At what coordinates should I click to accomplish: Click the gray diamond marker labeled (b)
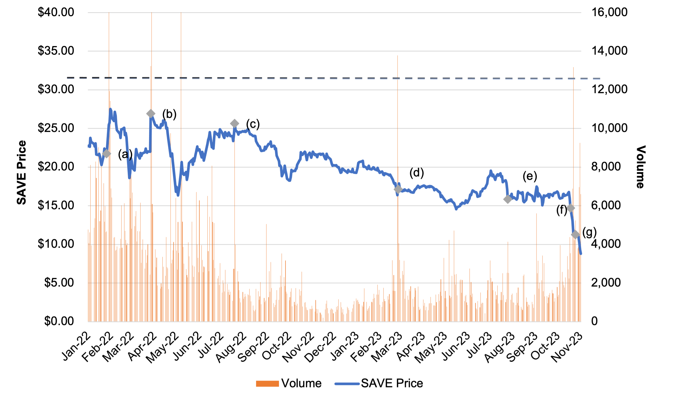tap(151, 113)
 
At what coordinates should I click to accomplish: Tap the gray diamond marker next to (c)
tap(234, 124)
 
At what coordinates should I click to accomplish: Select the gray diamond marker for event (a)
tap(106, 154)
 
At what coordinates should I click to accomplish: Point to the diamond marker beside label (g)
tap(575, 235)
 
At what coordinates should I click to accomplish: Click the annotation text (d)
tap(417, 173)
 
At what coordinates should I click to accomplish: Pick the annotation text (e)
tap(530, 176)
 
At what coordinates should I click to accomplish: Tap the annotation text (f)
tap(562, 210)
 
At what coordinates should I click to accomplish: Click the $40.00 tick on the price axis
tap(56, 12)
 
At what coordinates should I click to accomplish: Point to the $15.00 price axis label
tap(56, 205)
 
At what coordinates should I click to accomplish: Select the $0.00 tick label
tap(59, 321)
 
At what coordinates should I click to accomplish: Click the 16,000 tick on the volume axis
tap(609, 12)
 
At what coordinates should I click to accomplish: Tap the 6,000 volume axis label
tap(606, 205)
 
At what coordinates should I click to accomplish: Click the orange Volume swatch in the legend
tap(267, 383)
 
